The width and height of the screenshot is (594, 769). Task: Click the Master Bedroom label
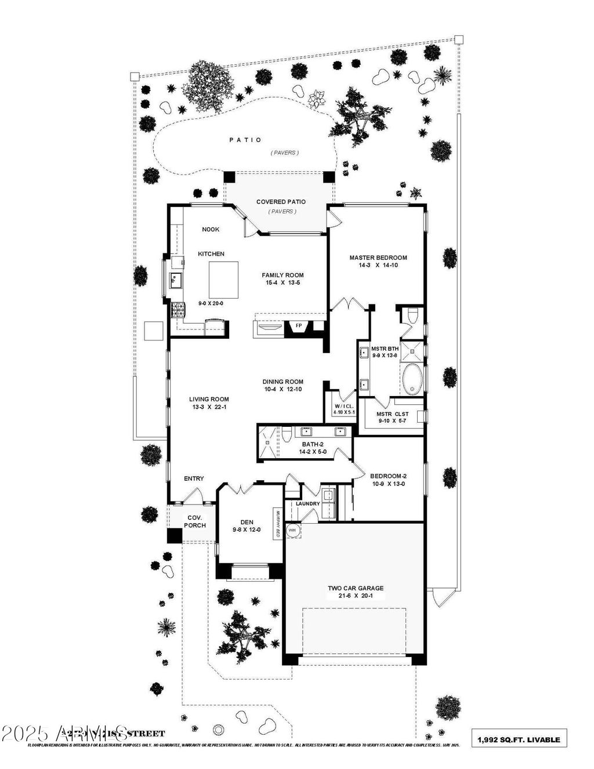click(378, 257)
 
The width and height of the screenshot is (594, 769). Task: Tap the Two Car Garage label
click(355, 588)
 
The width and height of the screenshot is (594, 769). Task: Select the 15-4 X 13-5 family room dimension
click(282, 283)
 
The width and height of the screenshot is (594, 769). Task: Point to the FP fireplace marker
click(299, 326)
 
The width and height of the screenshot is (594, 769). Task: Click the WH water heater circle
click(292, 530)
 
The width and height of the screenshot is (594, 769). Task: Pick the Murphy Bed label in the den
click(278, 524)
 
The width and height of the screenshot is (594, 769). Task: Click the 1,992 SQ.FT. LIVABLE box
click(519, 739)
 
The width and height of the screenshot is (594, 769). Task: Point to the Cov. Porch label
click(195, 521)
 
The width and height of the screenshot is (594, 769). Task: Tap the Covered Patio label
click(281, 202)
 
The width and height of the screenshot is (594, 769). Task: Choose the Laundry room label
click(307, 503)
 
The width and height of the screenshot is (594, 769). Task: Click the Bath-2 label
click(312, 444)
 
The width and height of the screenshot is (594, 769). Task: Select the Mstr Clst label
click(392, 414)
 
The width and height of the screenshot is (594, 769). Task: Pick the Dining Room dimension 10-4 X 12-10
click(282, 390)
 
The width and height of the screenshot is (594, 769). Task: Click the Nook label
click(211, 229)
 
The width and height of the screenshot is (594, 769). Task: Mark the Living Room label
click(209, 399)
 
